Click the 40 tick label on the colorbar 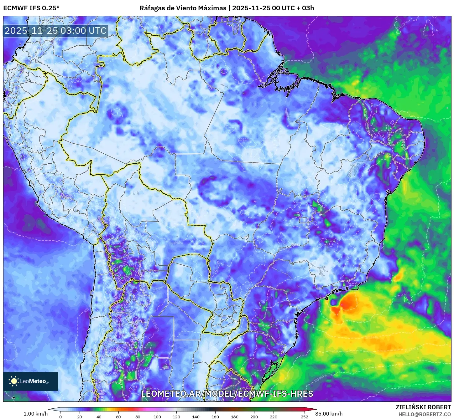point(99,417)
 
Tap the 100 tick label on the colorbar point(157,417)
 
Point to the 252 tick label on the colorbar point(305,417)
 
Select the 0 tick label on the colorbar point(60,417)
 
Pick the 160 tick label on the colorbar point(215,417)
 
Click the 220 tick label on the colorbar point(274,417)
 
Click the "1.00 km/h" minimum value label point(35,414)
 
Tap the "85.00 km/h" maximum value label point(329,414)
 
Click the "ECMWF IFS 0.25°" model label point(31,8)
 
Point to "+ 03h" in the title point(305,8)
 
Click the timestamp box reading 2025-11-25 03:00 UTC point(56,31)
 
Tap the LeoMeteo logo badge point(31,381)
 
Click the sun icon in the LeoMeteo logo point(14,381)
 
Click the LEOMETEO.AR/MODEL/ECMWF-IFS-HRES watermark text point(227,394)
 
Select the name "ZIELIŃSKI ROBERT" point(423,407)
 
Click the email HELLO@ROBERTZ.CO point(425,414)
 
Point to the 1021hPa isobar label point(404,387)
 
